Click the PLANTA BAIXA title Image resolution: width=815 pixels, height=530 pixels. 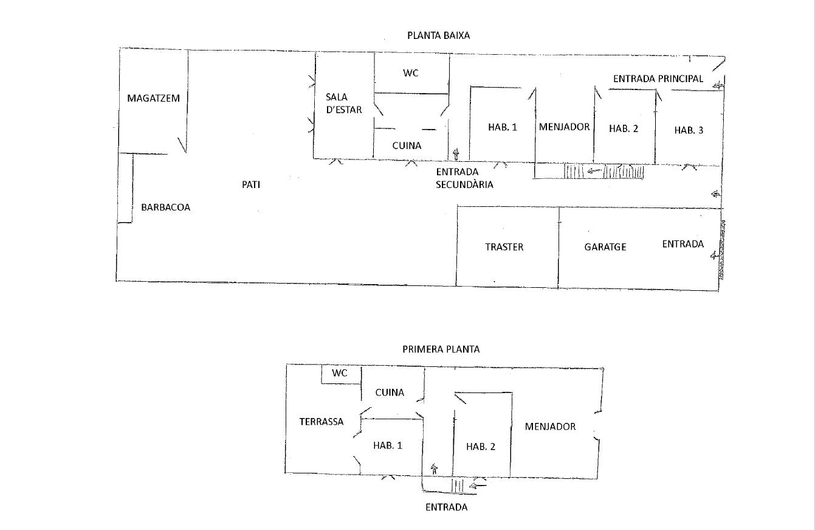438,36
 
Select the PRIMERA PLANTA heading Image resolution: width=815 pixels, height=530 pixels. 441,349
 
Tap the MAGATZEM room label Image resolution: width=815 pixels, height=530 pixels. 153,98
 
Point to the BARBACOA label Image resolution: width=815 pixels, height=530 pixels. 165,207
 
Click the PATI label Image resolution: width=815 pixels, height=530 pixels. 251,185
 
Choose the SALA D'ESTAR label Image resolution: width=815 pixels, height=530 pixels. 343,103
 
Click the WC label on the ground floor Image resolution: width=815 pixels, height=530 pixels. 410,73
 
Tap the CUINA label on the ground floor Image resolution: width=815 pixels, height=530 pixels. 407,145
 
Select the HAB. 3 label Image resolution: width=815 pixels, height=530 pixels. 689,130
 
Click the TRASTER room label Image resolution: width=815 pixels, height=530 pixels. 504,247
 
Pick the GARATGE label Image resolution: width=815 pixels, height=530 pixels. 605,247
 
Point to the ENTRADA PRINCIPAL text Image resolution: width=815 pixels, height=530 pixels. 658,78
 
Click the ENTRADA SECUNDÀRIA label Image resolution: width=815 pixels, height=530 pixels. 464,178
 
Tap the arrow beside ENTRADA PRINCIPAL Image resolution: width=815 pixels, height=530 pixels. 718,86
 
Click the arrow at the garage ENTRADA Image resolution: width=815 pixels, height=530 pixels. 715,256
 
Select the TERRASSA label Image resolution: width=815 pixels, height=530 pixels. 322,422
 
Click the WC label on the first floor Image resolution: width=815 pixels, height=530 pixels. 340,373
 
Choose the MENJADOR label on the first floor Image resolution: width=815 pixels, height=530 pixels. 550,427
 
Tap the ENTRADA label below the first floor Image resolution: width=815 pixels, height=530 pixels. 447,507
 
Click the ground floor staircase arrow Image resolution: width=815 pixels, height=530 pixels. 594,170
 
